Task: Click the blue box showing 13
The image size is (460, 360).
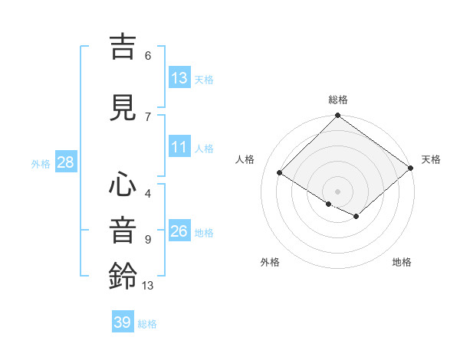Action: (x=179, y=78)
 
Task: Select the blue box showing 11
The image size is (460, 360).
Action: (x=179, y=147)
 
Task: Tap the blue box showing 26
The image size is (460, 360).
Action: (x=179, y=231)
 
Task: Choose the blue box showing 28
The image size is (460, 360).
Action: (x=65, y=162)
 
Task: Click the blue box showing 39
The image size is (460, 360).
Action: (x=123, y=322)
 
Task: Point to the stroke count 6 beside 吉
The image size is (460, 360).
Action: (x=148, y=55)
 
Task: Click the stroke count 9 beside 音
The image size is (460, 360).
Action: (x=148, y=239)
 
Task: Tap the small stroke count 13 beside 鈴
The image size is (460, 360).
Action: (x=148, y=286)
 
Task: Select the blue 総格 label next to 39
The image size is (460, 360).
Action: (x=147, y=324)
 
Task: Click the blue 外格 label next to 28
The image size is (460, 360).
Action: (x=41, y=164)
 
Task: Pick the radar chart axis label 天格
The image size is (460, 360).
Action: (x=431, y=159)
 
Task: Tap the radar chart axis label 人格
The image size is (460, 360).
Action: (x=245, y=159)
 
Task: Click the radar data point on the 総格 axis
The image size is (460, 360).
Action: (x=337, y=116)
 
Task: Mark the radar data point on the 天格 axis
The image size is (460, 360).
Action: (x=411, y=169)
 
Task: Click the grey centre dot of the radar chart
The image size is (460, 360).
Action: (x=337, y=191)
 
